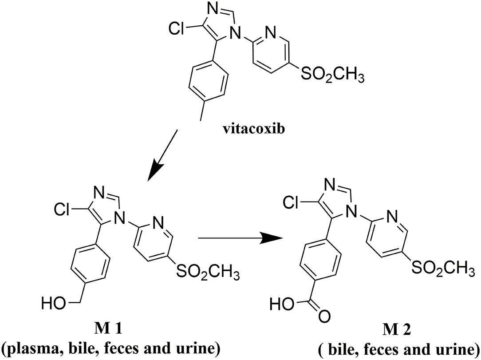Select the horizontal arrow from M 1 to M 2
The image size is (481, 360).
point(240,238)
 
